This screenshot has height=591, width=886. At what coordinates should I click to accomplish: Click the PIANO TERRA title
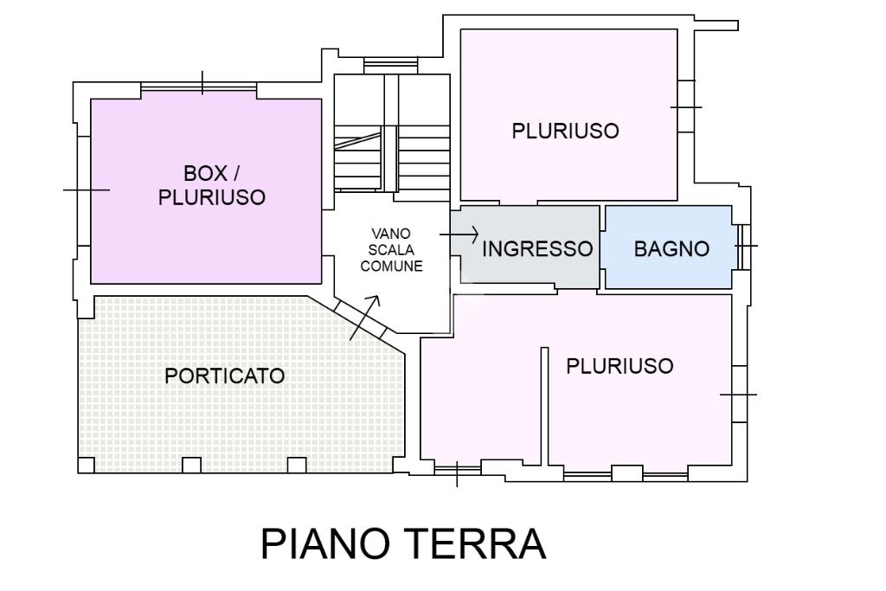click(x=403, y=543)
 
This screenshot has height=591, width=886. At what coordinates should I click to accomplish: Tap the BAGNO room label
click(x=671, y=248)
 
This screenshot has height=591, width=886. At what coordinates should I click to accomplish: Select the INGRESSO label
click(x=536, y=248)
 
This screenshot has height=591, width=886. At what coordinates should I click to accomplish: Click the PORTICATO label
click(x=224, y=376)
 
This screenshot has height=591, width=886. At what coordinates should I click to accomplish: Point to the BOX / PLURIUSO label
click(x=212, y=185)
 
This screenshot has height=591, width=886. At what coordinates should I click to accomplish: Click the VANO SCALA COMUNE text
click(x=392, y=250)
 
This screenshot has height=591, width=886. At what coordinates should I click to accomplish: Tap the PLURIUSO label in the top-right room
click(x=565, y=131)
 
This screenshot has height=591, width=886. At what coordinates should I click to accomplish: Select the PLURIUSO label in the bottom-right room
click(x=620, y=366)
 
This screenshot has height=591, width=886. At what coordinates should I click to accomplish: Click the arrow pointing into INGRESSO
click(x=459, y=234)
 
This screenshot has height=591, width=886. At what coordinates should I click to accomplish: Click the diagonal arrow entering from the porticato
click(x=364, y=318)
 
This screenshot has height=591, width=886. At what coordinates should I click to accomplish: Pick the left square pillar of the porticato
click(x=86, y=465)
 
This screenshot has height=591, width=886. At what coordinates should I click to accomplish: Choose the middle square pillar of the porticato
click(x=191, y=465)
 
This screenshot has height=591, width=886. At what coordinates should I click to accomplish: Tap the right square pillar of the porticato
click(x=297, y=465)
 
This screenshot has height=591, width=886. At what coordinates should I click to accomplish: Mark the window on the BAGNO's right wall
click(x=744, y=247)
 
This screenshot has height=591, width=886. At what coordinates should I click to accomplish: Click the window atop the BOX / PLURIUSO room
click(x=199, y=87)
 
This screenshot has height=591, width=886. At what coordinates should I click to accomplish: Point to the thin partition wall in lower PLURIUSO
click(x=545, y=406)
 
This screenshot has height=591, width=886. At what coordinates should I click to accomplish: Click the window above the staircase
click(x=390, y=64)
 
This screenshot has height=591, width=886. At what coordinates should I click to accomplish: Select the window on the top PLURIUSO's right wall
click(x=685, y=106)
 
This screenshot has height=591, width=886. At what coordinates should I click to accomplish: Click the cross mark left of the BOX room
click(x=87, y=190)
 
